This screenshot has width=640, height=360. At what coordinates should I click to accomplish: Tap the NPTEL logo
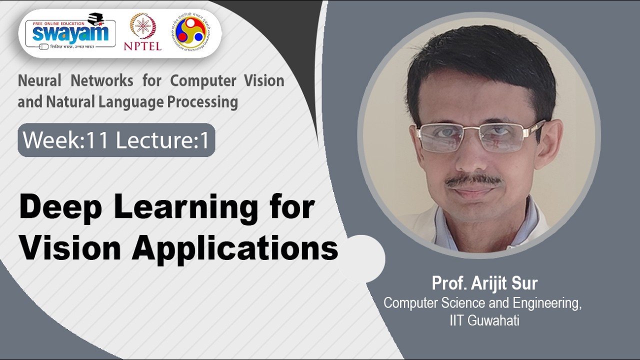point(142,31)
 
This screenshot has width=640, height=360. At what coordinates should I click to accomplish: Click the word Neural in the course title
point(40,80)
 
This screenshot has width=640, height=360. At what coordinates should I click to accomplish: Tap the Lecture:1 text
point(162,140)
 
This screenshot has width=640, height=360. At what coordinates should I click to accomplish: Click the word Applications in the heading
point(235,248)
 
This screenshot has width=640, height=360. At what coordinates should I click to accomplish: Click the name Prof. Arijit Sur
point(484,283)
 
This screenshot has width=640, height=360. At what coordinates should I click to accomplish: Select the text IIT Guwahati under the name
point(484,320)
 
